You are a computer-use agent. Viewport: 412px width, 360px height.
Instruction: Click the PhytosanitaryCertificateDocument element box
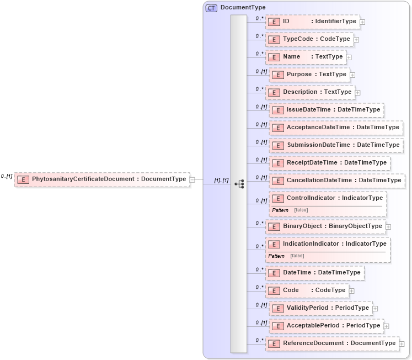(x=102, y=179)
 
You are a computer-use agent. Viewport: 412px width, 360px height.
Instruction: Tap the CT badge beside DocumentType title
(x=211, y=8)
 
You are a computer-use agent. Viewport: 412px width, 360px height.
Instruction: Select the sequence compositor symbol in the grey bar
(x=239, y=184)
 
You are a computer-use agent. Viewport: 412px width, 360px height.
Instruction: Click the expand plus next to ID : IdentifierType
(x=362, y=22)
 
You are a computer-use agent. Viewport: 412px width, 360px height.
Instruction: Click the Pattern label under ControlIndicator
(x=280, y=210)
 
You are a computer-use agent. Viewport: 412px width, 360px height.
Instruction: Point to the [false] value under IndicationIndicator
(x=297, y=256)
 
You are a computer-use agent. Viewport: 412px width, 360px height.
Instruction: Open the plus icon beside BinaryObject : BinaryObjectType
(x=388, y=226)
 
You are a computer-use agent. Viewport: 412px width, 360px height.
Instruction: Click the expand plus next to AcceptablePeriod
(x=386, y=326)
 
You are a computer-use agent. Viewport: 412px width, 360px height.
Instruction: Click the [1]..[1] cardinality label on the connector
(x=221, y=181)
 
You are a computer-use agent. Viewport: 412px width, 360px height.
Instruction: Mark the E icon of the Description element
(x=274, y=92)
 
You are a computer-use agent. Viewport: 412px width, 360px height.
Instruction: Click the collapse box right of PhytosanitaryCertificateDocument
(x=192, y=179)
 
